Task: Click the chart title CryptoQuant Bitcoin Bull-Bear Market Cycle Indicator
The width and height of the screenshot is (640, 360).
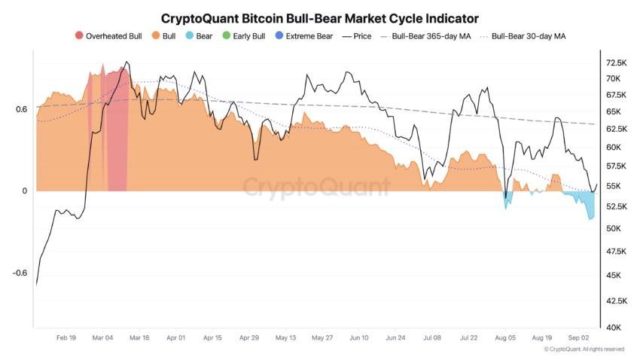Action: pos(320,17)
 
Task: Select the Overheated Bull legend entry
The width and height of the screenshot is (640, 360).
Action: pos(108,35)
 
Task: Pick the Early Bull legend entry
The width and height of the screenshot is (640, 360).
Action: pos(242,35)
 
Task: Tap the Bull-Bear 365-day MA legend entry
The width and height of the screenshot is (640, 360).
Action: pos(425,35)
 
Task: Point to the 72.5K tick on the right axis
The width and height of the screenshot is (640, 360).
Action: pos(617,63)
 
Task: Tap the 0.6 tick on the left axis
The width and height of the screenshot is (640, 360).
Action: pos(20,109)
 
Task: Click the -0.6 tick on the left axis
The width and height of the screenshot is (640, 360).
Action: pos(19,273)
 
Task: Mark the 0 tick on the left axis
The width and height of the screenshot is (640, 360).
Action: pos(24,191)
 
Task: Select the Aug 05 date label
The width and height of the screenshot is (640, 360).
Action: pos(505,339)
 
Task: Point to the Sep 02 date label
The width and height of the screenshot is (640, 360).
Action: pos(578,339)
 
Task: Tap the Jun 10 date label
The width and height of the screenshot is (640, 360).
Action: pos(359,339)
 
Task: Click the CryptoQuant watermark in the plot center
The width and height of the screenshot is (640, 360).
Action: pos(316,186)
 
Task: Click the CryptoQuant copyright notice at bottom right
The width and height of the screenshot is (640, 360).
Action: pos(584,349)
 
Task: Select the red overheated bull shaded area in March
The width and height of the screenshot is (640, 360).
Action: pos(117,136)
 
